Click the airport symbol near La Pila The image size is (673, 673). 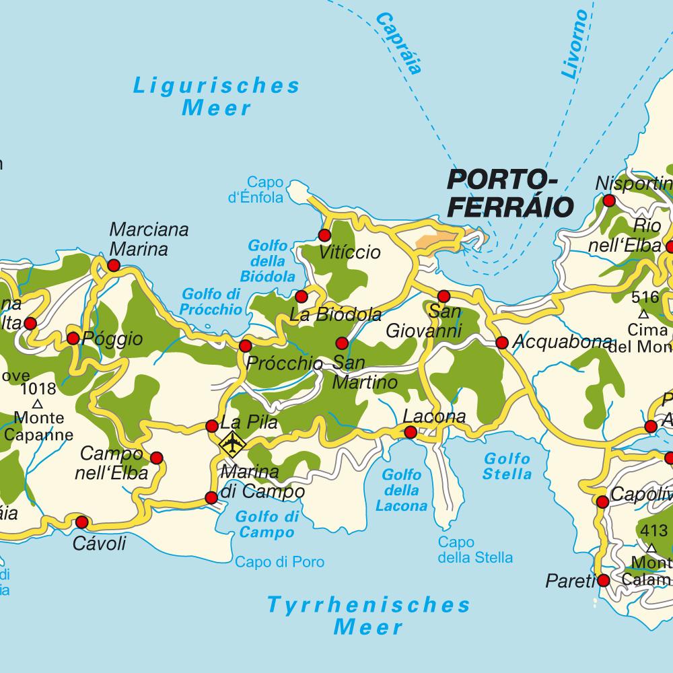232,444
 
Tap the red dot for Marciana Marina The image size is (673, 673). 113,266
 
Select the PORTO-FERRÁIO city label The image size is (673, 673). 510,193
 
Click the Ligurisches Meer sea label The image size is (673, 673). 216,96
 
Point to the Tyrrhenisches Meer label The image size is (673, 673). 369,615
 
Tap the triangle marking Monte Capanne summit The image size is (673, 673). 38,404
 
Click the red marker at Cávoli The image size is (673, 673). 82,522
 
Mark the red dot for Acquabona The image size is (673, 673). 501,343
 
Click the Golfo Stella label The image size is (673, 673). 507,466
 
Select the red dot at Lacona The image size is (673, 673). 411,432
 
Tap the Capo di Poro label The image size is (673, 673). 279,562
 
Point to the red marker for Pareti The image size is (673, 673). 603,580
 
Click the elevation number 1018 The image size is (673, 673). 38,388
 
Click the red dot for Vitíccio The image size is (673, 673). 324,235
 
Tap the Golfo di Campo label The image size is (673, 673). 268,525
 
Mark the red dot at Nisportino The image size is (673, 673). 609,201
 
